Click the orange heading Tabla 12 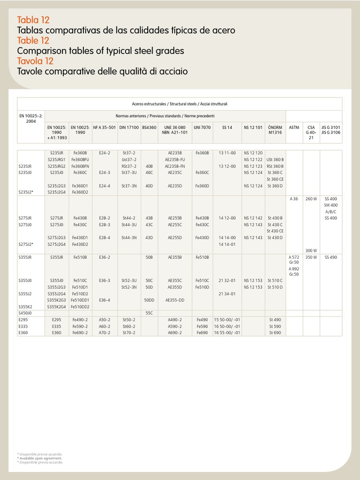pyautogui.click(x=33, y=20)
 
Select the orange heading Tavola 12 pyautogui.click(x=35, y=61)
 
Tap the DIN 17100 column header pyautogui.click(x=128, y=127)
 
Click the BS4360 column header pyautogui.click(x=149, y=127)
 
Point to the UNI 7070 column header pyautogui.click(x=202, y=127)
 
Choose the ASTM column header pyautogui.click(x=294, y=127)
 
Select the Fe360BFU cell pyautogui.click(x=80, y=159)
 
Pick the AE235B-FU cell pyautogui.click(x=176, y=159)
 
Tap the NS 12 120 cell pyautogui.click(x=253, y=153)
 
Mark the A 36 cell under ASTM pyautogui.click(x=293, y=199)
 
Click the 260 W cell pyautogui.click(x=311, y=199)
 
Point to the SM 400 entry pyautogui.click(x=330, y=205)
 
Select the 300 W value pyautogui.click(x=311, y=250)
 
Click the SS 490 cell pyautogui.click(x=330, y=257)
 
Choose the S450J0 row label pyautogui.click(x=25, y=313)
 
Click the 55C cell pyautogui.click(x=149, y=313)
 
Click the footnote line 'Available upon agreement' pyautogui.click(x=39, y=458)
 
